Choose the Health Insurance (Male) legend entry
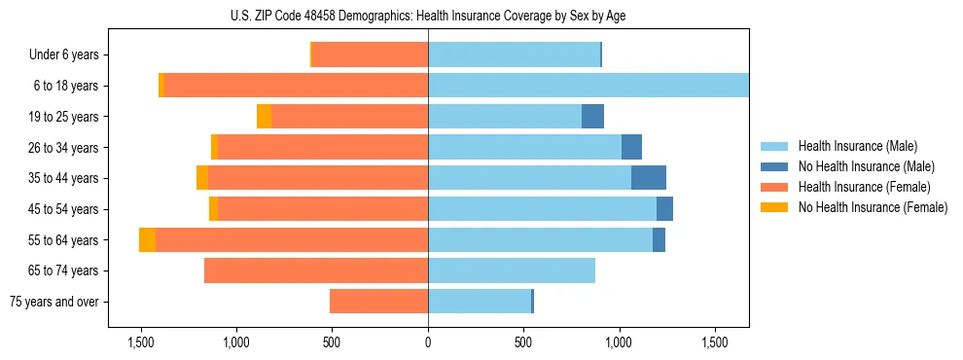pos(856,146)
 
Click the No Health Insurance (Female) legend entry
pos(873,207)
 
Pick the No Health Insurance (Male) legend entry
pos(866,166)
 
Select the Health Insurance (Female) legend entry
pos(864,187)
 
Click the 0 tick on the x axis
pos(428,343)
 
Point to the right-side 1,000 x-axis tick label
pos(620,343)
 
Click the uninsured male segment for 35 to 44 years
pos(649,178)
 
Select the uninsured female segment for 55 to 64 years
pos(147,240)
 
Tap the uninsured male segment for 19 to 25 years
pos(592,117)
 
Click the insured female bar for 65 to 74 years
pos(316,270)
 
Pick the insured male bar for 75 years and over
pos(480,302)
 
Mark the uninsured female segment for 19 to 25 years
pos(264,117)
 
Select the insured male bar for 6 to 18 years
pos(588,86)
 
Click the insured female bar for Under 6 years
pos(371,55)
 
